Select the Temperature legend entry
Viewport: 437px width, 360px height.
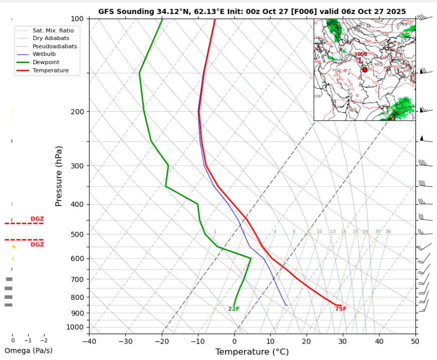tap(51, 71)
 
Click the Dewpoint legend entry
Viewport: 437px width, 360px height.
tap(46, 63)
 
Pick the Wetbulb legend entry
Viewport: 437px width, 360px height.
tap(45, 54)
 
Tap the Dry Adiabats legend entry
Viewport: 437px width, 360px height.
tap(50, 38)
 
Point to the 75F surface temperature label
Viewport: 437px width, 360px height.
tap(341, 309)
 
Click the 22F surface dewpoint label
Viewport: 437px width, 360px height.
tap(234, 309)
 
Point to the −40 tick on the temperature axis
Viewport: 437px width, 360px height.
tap(89, 341)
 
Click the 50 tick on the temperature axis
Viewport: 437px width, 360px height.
tap(415, 341)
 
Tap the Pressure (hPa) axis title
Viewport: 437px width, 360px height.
tap(59, 176)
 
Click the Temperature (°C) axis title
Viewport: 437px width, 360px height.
tap(252, 352)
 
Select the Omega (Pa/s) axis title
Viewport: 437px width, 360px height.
tap(28, 350)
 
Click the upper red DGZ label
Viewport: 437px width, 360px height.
tap(37, 219)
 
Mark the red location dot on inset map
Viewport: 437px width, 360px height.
tap(364, 70)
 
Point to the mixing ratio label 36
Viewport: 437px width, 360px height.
tap(388, 232)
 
